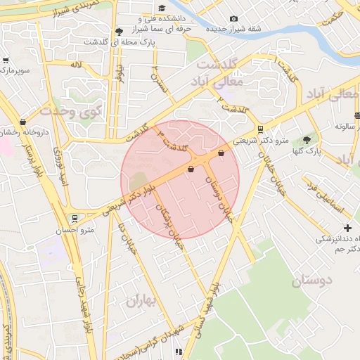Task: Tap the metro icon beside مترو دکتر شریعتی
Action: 260,129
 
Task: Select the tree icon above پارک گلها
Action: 307,140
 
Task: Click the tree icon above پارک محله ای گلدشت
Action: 119,31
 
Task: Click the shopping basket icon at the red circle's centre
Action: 191,169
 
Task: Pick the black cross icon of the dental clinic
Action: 347,228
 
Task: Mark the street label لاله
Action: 76,65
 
